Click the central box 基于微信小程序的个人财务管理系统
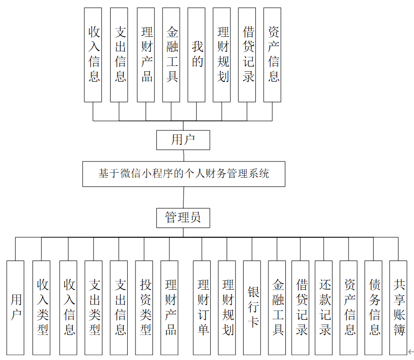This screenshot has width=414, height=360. (183, 174)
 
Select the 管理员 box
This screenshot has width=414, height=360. (183, 218)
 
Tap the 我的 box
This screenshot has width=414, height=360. (197, 54)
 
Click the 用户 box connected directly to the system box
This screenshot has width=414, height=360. (183, 140)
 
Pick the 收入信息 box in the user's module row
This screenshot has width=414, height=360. (93, 54)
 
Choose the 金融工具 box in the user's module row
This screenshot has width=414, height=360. (171, 54)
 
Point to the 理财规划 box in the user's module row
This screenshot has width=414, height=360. (222, 54)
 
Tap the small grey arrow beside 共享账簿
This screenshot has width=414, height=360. (411, 352)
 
